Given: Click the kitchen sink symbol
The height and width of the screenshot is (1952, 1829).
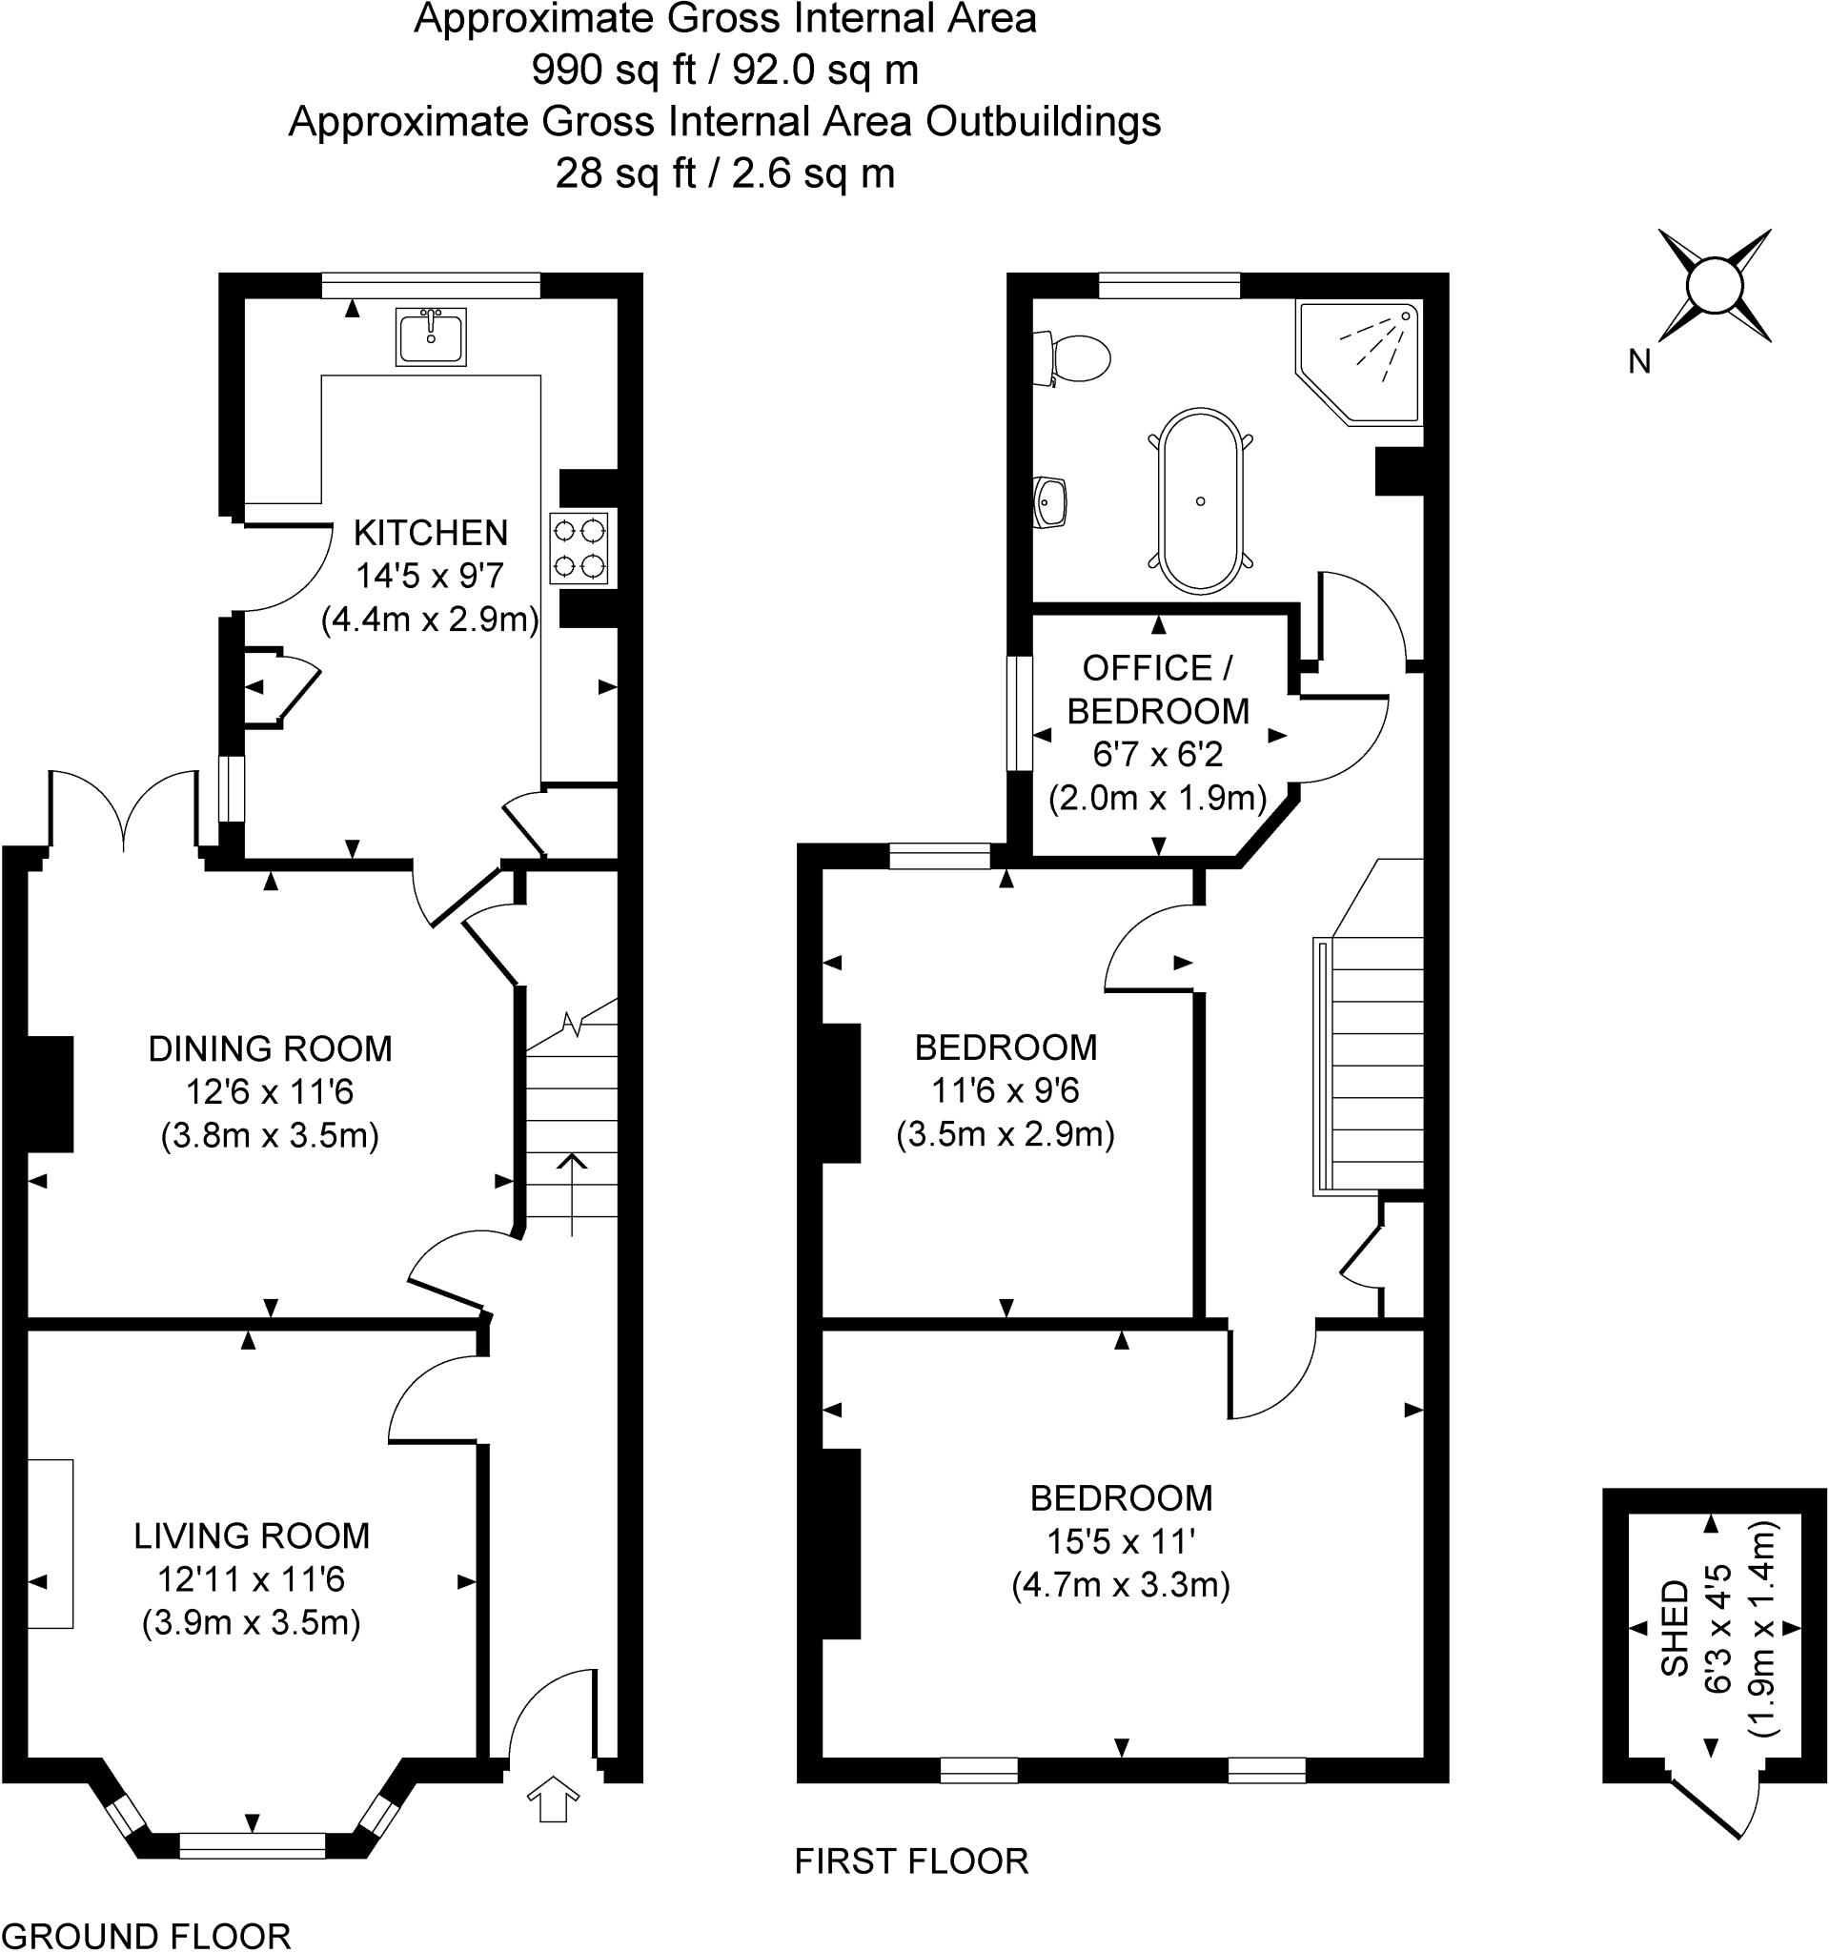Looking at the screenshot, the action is (430, 335).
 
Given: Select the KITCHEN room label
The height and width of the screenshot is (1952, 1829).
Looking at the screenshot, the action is (430, 533).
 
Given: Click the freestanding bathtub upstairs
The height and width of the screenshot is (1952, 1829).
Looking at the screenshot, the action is (1201, 499).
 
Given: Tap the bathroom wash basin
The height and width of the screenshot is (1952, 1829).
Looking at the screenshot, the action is (1050, 501).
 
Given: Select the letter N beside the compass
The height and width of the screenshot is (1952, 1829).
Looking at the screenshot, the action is (1638, 362).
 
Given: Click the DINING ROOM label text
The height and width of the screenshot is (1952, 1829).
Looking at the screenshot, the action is (270, 1048).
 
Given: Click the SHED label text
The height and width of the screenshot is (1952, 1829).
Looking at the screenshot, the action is (1674, 1626).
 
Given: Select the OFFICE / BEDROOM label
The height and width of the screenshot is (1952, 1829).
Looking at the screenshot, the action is (1157, 689).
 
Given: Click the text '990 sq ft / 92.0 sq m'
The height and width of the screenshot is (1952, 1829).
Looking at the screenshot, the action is (724, 70).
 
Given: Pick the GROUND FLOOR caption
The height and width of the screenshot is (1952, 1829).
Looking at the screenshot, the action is (146, 1935).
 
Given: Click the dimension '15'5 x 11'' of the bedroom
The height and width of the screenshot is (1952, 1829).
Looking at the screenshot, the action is (1120, 1541).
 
